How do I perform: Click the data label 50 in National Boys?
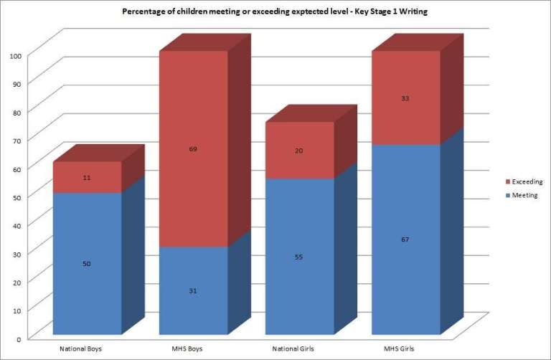click(86, 264)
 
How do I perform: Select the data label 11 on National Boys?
click(86, 177)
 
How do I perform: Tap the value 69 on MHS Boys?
click(193, 149)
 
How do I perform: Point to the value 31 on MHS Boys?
click(193, 290)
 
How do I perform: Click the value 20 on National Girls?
click(298, 151)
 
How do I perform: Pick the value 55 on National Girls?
click(298, 257)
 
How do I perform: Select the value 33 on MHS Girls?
click(405, 98)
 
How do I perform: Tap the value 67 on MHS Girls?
click(405, 240)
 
